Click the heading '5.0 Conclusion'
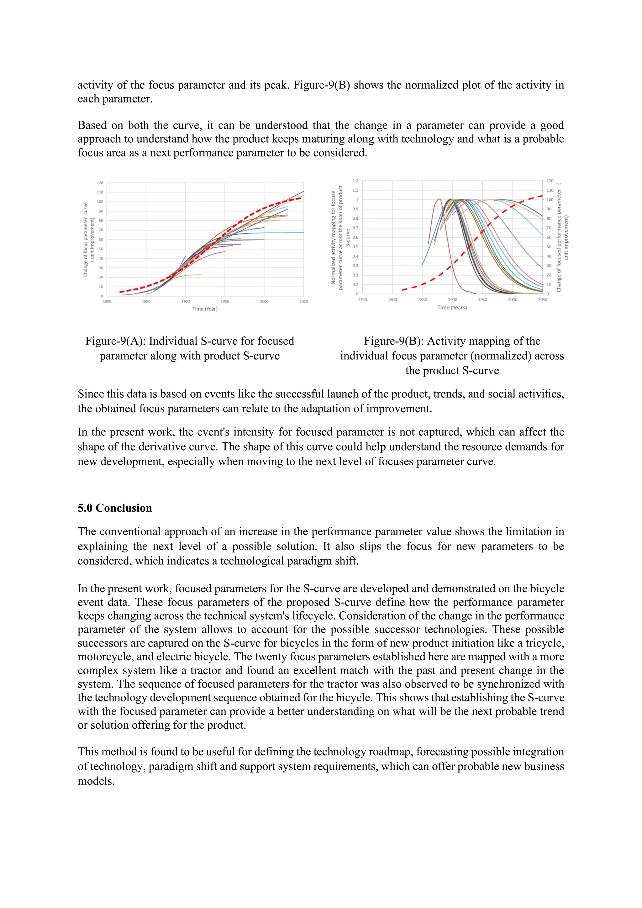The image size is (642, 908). pos(115,508)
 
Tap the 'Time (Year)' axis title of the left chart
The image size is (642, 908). pos(205,309)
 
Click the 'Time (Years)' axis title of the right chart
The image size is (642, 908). pos(452,307)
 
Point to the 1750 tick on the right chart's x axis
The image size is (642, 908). pos(362,300)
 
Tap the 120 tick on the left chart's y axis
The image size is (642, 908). pos(100,183)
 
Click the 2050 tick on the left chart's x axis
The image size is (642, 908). pos(303,301)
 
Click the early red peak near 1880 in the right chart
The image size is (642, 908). pos(439,199)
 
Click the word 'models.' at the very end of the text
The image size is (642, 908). pos(96,781)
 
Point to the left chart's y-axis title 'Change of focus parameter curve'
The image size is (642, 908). pos(85,240)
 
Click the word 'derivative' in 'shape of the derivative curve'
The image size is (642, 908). pos(163,446)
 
